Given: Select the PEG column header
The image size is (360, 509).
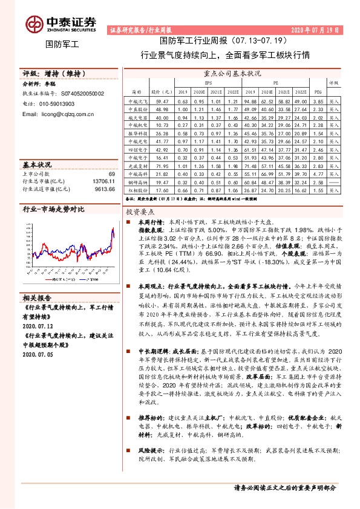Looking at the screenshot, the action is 317,92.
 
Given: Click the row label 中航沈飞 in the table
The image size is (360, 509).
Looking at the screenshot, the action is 137,103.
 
